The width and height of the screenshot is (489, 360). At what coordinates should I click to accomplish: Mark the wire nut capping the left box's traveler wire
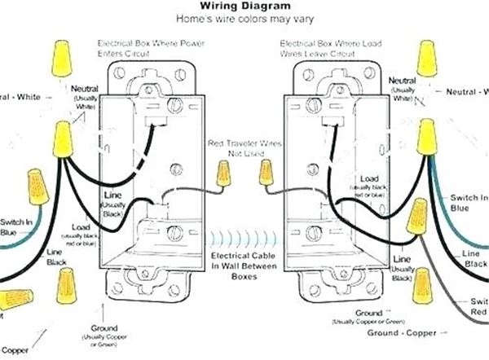tap(222, 173)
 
